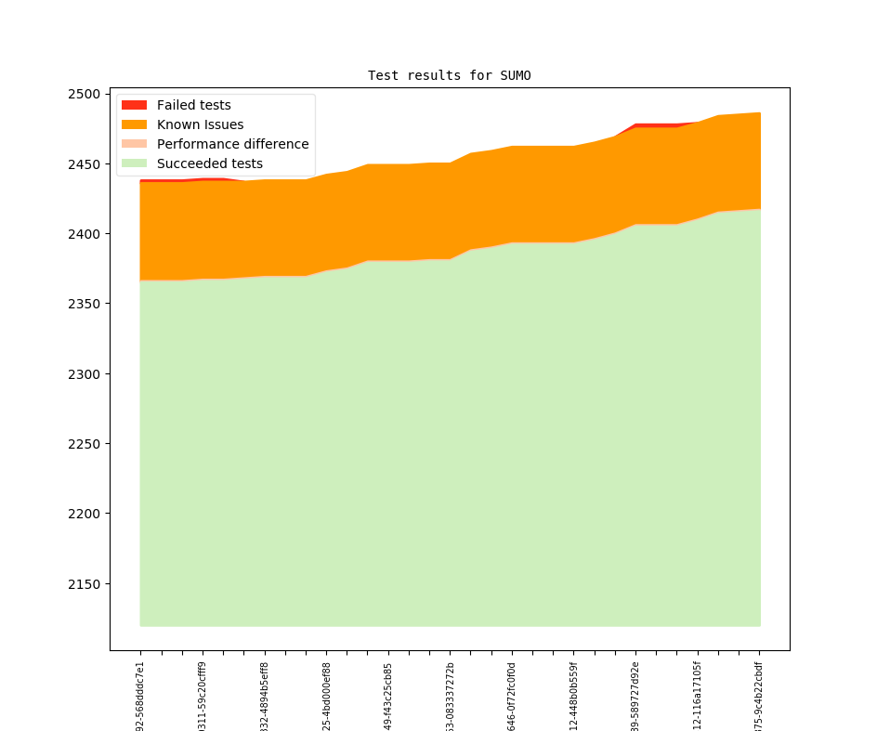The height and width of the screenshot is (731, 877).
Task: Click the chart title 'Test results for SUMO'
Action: coord(449,75)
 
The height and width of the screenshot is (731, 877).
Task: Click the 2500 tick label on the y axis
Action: coord(85,95)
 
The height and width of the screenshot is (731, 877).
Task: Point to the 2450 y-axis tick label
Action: coord(85,164)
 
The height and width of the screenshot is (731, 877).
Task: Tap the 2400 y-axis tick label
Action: coord(85,234)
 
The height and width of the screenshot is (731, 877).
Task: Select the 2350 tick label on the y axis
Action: coord(85,304)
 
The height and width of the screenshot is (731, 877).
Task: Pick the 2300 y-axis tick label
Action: coord(85,374)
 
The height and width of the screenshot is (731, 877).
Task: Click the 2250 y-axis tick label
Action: coord(85,444)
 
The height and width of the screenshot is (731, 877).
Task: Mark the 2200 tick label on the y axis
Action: coord(85,514)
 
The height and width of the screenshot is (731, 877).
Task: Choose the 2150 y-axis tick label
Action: coord(85,584)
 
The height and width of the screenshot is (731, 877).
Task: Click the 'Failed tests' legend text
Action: coord(193,105)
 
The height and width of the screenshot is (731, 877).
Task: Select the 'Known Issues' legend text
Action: coord(200,124)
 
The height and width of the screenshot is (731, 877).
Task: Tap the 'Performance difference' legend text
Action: coord(232,144)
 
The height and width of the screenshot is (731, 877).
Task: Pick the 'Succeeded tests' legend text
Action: coord(209,163)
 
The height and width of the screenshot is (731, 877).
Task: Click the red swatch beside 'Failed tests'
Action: coord(134,105)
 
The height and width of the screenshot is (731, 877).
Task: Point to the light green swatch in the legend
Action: coord(134,163)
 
